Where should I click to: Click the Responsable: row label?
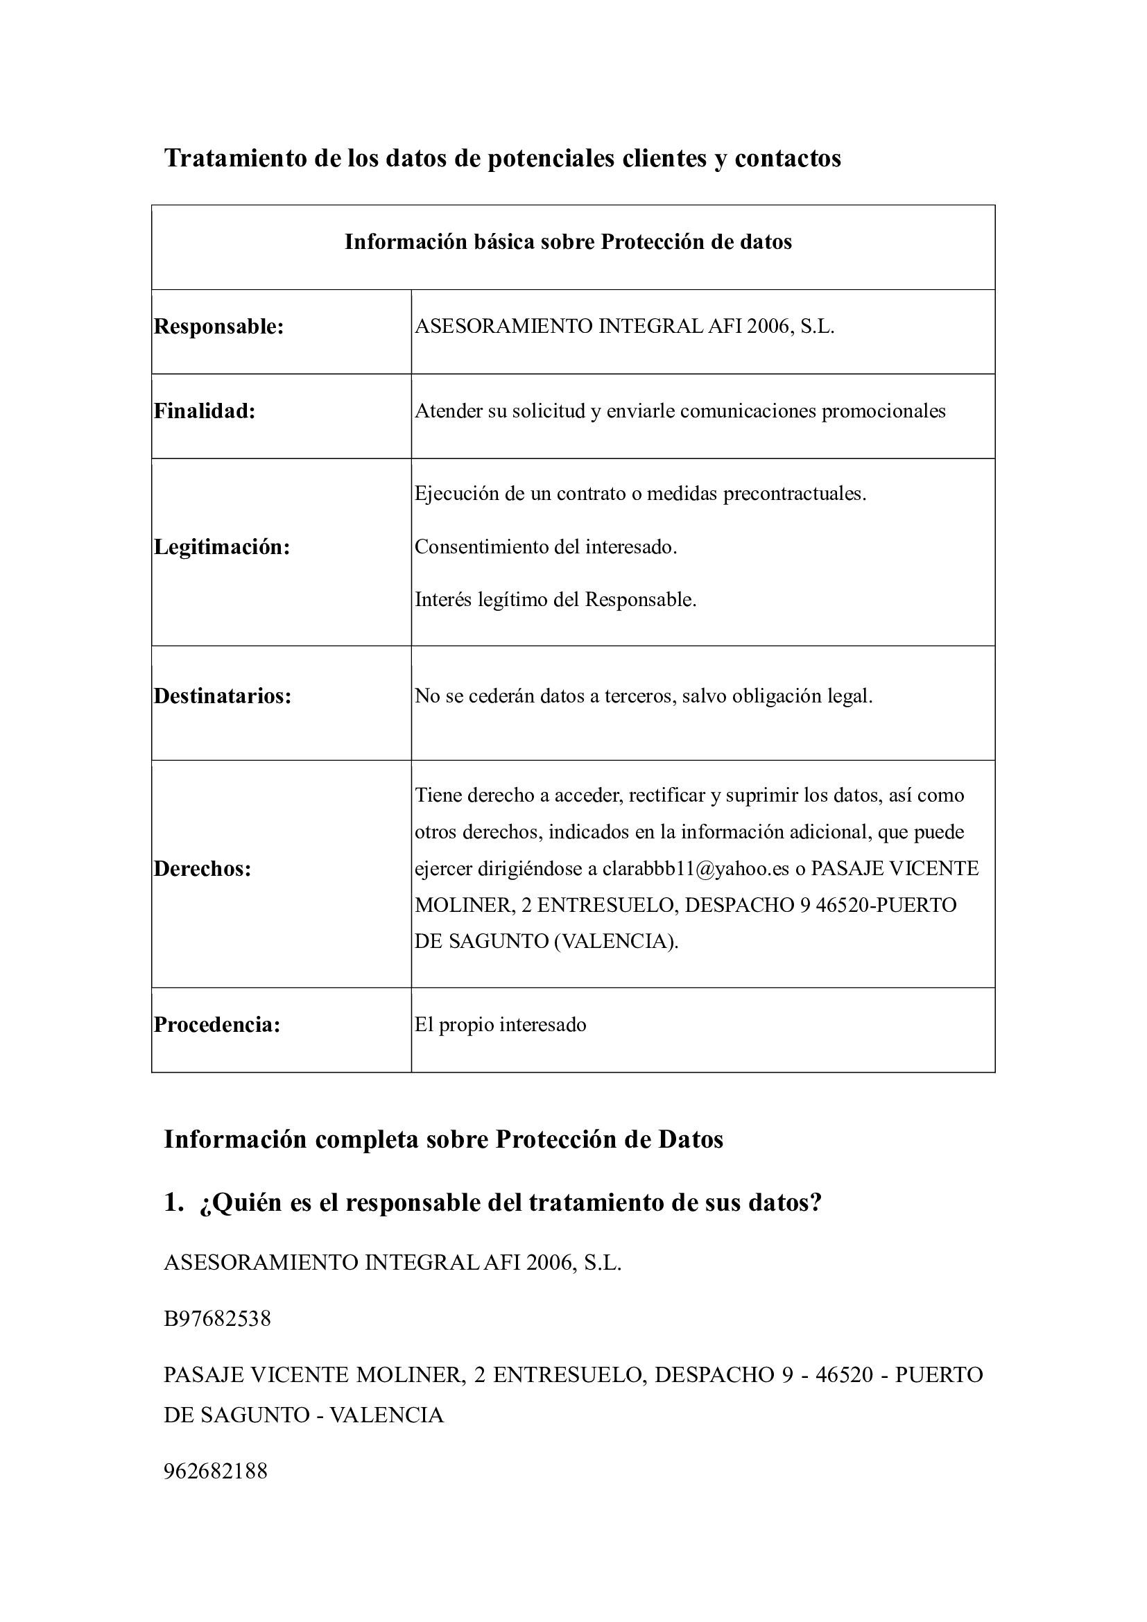pyautogui.click(x=219, y=327)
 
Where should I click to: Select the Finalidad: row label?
pyautogui.click(x=205, y=411)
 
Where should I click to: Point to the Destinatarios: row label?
pyautogui.click(x=223, y=696)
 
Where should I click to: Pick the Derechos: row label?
pyautogui.click(x=202, y=869)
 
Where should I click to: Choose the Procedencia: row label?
pyautogui.click(x=218, y=1025)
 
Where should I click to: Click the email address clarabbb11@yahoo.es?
pyautogui.click(x=695, y=869)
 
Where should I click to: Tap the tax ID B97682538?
pyautogui.click(x=218, y=1319)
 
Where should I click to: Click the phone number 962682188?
pyautogui.click(x=216, y=1472)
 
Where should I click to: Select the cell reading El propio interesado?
pyautogui.click(x=500, y=1025)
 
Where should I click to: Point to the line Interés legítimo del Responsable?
pyautogui.click(x=555, y=600)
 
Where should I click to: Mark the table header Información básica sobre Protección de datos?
pyautogui.click(x=568, y=242)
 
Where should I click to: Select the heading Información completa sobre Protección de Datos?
pyautogui.click(x=444, y=1139)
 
